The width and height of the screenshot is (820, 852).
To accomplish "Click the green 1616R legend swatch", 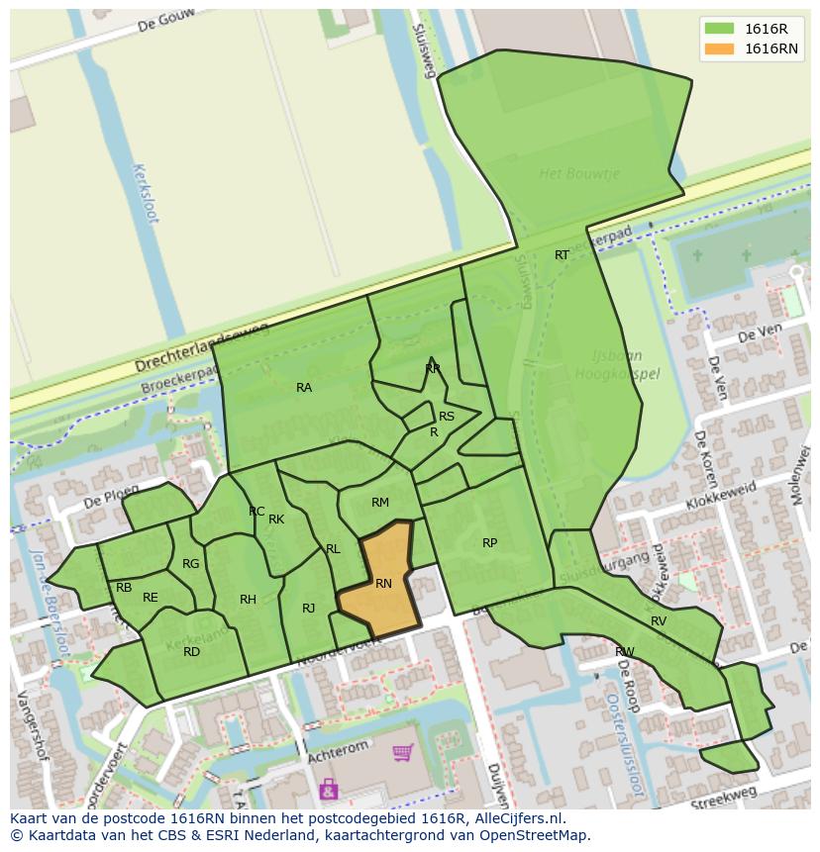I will (x=720, y=28).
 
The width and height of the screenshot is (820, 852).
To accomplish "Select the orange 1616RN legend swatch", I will (x=720, y=48).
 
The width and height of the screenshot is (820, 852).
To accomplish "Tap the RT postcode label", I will (x=562, y=255).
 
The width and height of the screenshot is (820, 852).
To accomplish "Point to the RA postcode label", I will (x=304, y=388).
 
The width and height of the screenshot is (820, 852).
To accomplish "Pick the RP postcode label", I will (x=489, y=543).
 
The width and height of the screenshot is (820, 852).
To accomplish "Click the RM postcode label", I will (x=380, y=503).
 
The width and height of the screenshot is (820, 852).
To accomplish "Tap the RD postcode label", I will (x=191, y=651).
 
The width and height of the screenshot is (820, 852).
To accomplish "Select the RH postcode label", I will (x=248, y=600).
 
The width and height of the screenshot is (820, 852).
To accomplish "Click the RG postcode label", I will (x=191, y=564).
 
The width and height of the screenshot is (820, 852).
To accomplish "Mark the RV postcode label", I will (x=659, y=621).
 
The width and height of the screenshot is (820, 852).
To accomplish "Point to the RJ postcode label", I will (x=308, y=609).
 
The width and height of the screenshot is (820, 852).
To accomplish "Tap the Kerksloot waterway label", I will (x=145, y=193).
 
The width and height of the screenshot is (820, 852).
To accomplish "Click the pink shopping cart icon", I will (x=402, y=754).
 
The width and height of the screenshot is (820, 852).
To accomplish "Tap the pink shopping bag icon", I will (x=328, y=789).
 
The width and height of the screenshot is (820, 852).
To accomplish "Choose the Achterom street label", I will (x=339, y=746).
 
